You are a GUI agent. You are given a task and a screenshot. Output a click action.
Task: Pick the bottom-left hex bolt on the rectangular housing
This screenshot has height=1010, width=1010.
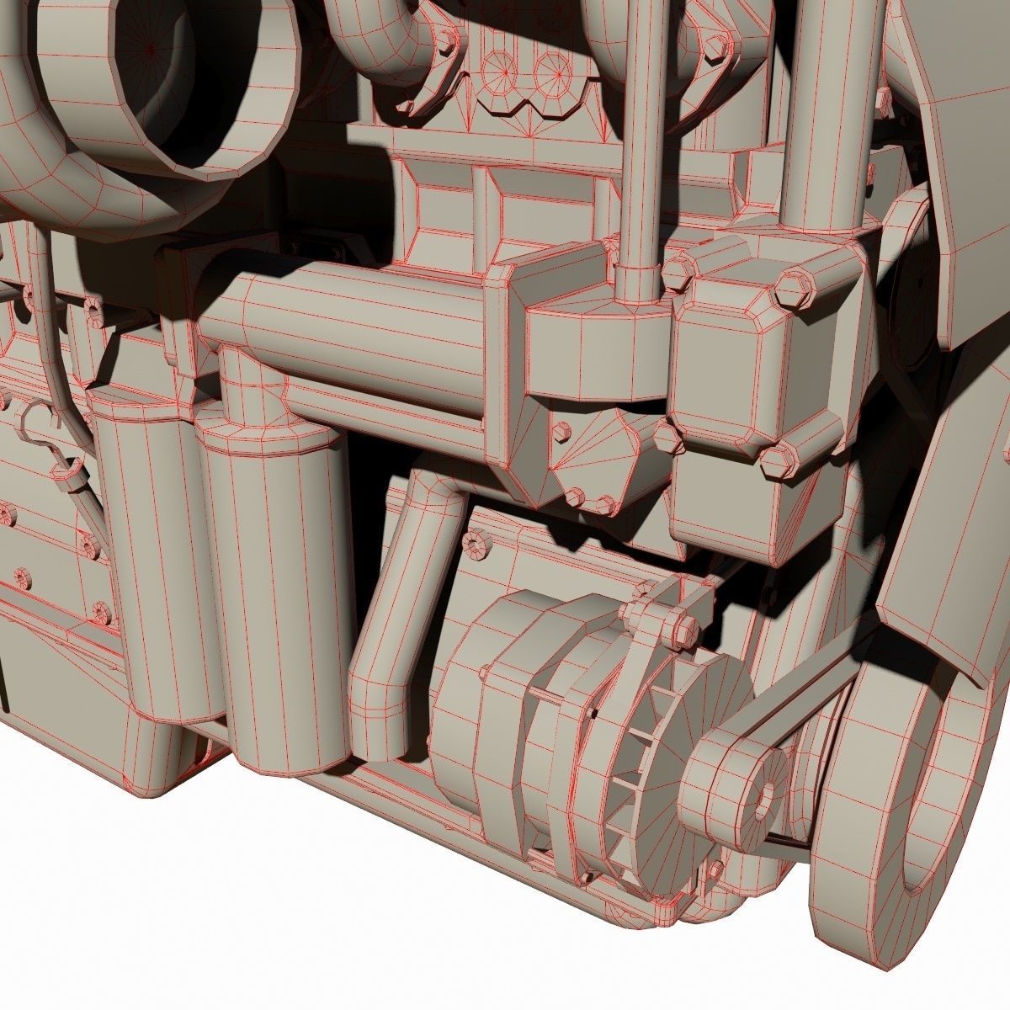click(666, 439)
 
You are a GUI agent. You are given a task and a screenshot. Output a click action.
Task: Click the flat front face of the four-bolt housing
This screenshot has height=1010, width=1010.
click(732, 362)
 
